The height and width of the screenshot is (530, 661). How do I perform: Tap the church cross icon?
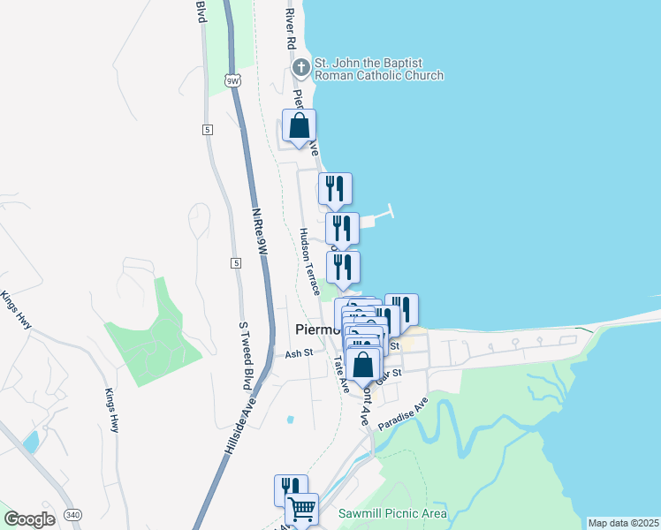pos(301,66)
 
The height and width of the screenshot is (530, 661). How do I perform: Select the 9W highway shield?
pos(232,81)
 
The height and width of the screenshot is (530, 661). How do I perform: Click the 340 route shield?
pos(74,515)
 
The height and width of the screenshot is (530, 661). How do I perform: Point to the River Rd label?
pos(290,29)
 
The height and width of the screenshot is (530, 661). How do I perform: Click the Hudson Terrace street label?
pos(309,261)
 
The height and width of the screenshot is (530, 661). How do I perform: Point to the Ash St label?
pos(299,353)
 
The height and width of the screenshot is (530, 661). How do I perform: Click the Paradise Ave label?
pos(403,413)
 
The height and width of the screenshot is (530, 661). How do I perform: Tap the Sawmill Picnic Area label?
pos(392,513)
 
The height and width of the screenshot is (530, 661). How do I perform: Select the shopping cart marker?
pos(301,509)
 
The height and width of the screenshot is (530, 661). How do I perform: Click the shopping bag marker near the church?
pos(299,125)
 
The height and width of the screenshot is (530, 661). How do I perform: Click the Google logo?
pos(29,519)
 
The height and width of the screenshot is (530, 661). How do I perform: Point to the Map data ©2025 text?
pos(622,523)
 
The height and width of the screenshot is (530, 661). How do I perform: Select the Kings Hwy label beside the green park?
pos(111,411)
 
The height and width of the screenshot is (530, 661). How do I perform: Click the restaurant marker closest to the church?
pos(335,188)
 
